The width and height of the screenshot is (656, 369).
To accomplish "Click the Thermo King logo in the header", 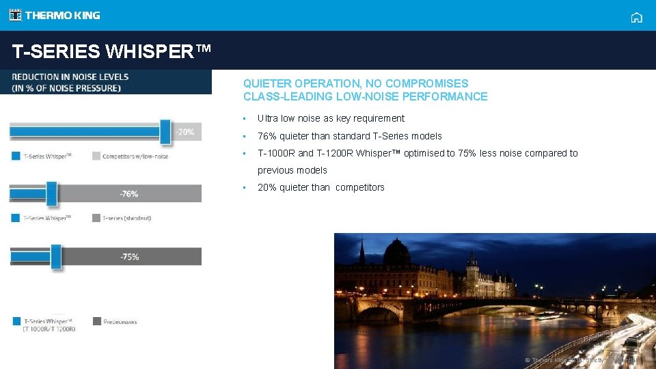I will (55, 15).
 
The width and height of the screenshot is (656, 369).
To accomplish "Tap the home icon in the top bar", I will (636, 18).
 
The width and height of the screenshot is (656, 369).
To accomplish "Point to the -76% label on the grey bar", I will (129, 194).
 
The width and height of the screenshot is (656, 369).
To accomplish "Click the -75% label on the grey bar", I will (130, 257).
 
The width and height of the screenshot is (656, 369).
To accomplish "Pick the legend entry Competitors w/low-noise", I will (135, 156).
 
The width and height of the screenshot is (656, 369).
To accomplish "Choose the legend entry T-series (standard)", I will (126, 218).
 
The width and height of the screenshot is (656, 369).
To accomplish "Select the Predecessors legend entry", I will (120, 321).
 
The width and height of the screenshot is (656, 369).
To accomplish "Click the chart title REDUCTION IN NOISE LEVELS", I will (70, 77).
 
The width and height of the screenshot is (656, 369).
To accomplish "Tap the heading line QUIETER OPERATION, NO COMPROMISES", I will (355, 83).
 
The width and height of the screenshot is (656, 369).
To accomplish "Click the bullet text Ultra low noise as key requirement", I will (331, 118).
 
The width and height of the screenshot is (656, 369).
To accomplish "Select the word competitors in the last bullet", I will (359, 187).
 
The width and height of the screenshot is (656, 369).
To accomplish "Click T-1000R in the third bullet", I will (276, 153).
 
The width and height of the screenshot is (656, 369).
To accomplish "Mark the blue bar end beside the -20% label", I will (165, 131).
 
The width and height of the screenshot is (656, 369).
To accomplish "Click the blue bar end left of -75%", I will (55, 257).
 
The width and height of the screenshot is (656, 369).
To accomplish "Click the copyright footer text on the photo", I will (581, 360).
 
